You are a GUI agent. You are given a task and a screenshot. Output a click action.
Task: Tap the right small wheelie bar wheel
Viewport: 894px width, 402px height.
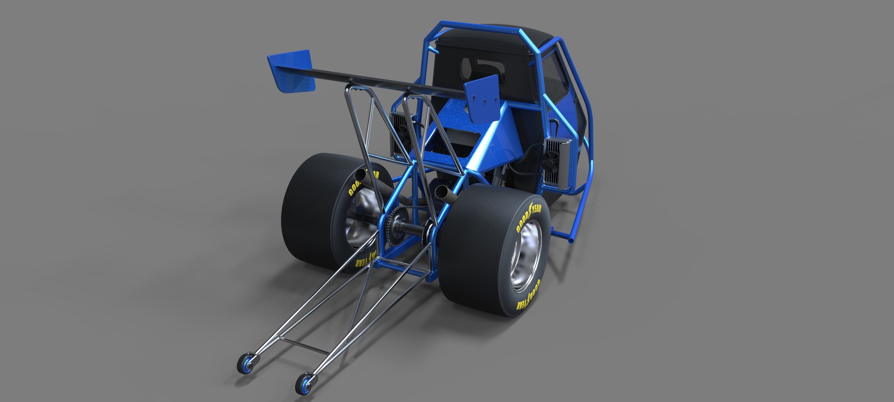[305, 382]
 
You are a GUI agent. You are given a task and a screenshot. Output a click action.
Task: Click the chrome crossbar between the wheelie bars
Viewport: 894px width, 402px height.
[303, 346]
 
